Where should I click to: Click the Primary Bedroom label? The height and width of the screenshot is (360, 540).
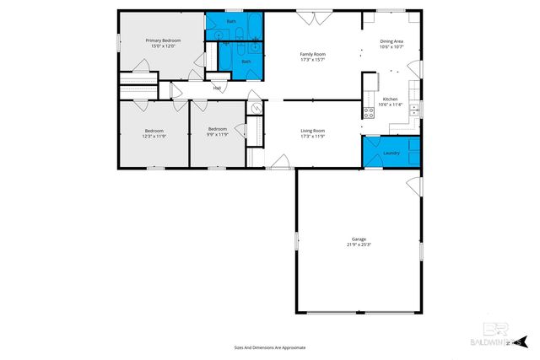click(163, 40)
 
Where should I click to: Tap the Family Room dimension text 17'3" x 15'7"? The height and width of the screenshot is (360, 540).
click(312, 60)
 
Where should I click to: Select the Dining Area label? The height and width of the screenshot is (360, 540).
click(391, 40)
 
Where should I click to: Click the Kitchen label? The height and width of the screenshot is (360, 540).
click(391, 99)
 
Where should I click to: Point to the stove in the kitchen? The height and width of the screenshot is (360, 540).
click(368, 112)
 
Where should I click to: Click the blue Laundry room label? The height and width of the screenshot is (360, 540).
click(391, 153)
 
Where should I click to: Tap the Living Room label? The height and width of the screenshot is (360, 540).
click(312, 130)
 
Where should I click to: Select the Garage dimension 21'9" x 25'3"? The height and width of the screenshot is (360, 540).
click(359, 245)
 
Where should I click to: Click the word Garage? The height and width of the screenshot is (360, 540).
click(359, 239)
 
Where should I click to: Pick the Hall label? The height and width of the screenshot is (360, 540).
click(217, 88)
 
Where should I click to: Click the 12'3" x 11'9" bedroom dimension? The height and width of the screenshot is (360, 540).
click(154, 135)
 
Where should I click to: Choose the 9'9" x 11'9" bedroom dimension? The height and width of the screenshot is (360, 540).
click(217, 135)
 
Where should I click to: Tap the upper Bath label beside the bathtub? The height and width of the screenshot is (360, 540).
click(232, 21)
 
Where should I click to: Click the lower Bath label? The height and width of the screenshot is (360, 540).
click(246, 62)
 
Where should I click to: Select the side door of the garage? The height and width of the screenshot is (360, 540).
click(413, 185)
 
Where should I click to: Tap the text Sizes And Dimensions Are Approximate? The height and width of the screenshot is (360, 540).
click(269, 347)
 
